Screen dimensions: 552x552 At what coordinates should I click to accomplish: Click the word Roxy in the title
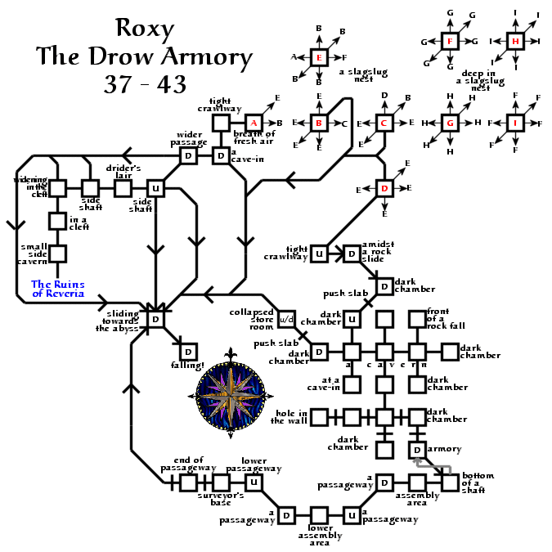tap(145, 29)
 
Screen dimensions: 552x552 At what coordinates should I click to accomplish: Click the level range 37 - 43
tap(145, 83)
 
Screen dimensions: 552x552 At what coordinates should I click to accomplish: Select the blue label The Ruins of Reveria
tap(57, 289)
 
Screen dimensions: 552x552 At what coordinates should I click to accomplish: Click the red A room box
tap(254, 123)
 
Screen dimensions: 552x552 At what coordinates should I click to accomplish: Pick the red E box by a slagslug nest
tap(320, 57)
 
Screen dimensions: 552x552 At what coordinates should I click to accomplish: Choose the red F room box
tap(449, 42)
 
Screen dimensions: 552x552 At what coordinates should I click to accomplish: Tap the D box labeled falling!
tap(188, 352)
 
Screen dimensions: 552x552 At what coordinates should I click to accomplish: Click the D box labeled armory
tap(417, 450)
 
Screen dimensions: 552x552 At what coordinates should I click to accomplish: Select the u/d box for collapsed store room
tap(286, 318)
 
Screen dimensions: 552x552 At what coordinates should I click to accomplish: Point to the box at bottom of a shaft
tap(450, 482)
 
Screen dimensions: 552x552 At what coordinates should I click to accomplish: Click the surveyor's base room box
tap(221, 482)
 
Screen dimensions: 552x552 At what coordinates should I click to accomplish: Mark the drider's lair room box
tap(123, 188)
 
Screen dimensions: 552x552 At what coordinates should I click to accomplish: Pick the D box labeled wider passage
tap(188, 155)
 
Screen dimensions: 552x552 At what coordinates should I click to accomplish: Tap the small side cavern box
tap(57, 254)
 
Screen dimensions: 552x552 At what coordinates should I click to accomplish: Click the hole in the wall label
tap(292, 417)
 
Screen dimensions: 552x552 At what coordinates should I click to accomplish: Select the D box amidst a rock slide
tap(352, 254)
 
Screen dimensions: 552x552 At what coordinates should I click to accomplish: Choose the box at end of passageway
tap(188, 482)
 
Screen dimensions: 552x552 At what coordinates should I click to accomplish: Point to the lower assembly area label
tap(320, 536)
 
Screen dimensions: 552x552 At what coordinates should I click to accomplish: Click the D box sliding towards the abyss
tap(155, 319)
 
